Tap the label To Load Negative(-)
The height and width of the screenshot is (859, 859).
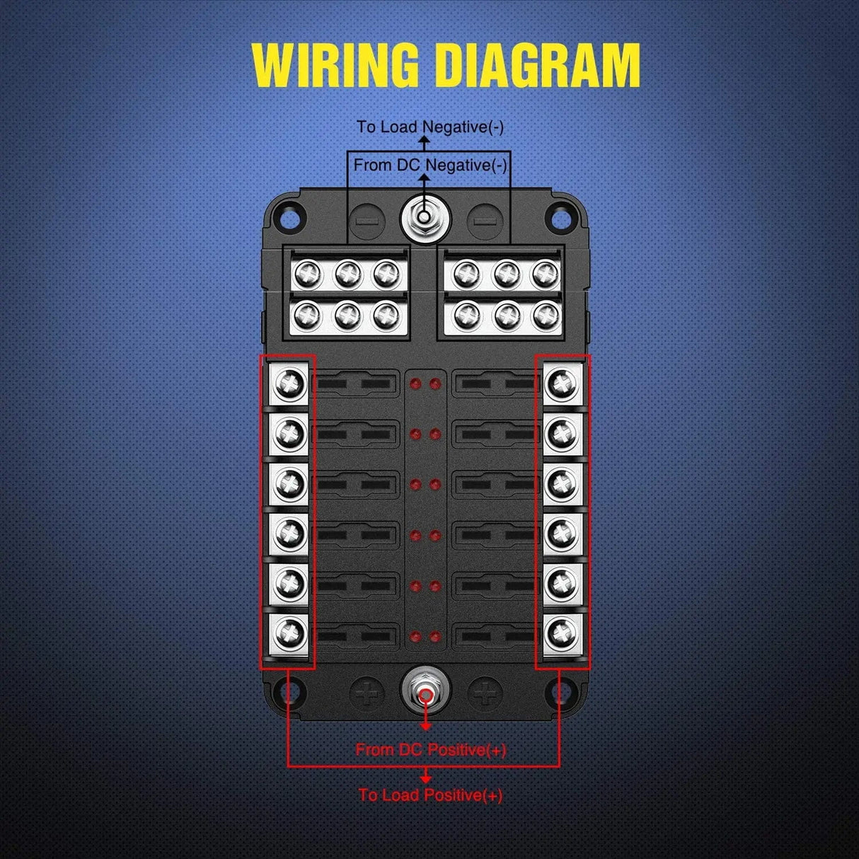(x=430, y=127)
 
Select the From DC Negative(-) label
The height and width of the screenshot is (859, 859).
(x=430, y=166)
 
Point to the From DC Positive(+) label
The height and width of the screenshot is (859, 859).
(x=431, y=749)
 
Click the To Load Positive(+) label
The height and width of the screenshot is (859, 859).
(x=430, y=795)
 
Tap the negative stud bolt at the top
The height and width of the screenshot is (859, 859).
(x=423, y=217)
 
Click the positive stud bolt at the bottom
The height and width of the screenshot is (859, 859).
(x=425, y=696)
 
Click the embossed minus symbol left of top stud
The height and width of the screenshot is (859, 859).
(x=367, y=221)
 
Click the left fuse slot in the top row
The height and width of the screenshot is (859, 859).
(x=353, y=384)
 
